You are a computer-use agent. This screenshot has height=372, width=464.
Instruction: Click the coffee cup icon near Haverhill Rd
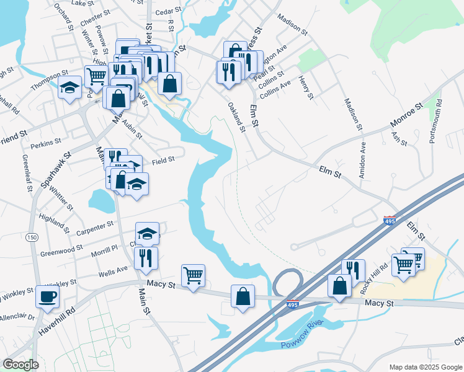[x=47, y=296]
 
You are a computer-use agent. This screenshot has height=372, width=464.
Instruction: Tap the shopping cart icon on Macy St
[x=194, y=275]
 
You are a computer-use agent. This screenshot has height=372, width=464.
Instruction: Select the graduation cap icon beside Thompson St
[x=70, y=87]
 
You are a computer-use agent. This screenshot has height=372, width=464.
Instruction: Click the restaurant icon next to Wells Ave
[x=146, y=257]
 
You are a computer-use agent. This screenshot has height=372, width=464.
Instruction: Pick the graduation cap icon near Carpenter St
[x=148, y=233]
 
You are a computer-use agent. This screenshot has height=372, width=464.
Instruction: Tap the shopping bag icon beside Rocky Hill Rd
[x=339, y=286]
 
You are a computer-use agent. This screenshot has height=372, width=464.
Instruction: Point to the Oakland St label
[x=237, y=117]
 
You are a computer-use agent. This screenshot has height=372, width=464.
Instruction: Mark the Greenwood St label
[x=61, y=251]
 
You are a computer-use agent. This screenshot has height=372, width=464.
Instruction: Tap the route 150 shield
[x=30, y=236]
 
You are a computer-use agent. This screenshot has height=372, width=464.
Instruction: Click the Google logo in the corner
[x=20, y=365]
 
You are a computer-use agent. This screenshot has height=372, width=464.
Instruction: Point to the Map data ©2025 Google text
[x=425, y=367]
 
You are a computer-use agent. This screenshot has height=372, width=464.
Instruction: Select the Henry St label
[x=305, y=86]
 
